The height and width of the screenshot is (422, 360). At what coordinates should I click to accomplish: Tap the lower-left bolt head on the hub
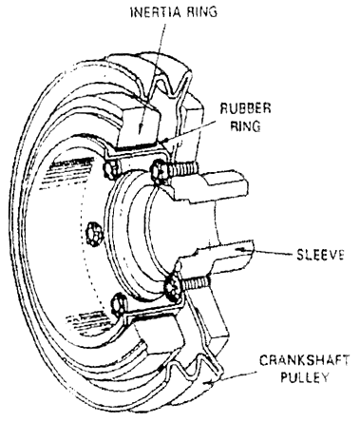tap(118, 302)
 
